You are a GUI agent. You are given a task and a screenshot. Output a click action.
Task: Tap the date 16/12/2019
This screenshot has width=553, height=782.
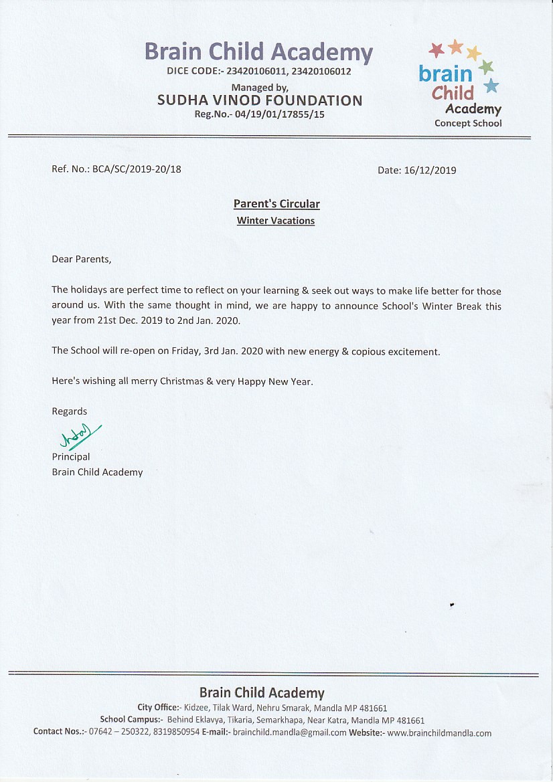coord(430,171)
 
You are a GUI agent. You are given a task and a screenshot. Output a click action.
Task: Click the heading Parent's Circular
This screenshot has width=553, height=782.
coord(276,204)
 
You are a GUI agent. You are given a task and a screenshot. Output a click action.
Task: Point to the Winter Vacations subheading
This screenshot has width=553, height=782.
coord(276,221)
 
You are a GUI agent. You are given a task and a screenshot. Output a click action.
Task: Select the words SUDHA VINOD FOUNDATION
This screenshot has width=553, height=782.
coord(260,100)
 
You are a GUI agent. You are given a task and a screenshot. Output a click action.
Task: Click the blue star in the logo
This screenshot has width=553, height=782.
coord(491,86)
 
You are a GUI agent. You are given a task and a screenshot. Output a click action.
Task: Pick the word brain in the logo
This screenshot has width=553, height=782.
coord(445,73)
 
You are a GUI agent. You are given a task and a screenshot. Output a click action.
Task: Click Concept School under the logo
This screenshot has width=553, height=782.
coord(468,123)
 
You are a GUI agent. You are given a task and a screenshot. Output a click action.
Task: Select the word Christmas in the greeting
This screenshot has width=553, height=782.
coord(181,381)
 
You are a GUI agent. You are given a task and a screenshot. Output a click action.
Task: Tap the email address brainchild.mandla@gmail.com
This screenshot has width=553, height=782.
coord(289,733)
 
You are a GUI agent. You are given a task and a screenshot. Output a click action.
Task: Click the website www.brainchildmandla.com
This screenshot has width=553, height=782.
coord(439,733)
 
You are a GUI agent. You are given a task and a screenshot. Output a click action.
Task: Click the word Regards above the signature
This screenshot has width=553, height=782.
coord(70,411)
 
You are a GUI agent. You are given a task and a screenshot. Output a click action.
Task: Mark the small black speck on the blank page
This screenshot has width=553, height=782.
coord(452,605)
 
